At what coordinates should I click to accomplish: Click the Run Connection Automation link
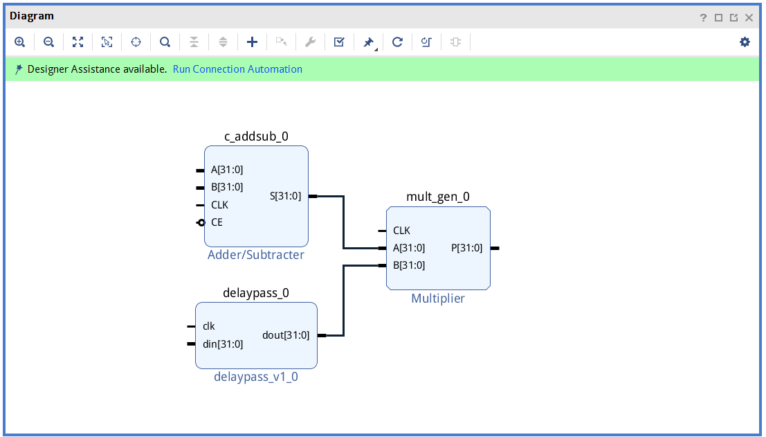point(237,69)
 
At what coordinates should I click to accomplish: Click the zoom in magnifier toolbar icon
point(19,42)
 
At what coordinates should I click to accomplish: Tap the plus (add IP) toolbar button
point(252,42)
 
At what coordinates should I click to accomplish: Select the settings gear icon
point(745,42)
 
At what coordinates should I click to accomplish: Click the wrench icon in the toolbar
point(310,42)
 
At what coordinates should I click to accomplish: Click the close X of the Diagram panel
point(749,17)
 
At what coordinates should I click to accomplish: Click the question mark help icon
point(703,17)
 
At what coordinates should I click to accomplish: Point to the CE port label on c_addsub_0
point(217,222)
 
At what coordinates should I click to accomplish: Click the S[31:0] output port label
point(285,197)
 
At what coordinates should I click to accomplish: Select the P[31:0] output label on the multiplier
point(466,249)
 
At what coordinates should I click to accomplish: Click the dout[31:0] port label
point(286,335)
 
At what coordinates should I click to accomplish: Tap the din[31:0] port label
point(223,344)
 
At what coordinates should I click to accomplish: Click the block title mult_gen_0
point(438,197)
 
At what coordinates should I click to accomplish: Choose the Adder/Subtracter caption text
point(256,255)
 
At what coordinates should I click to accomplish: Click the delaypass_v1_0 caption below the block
point(256,377)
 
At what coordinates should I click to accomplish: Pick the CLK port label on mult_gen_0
point(401,231)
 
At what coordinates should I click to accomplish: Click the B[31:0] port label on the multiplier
point(409,265)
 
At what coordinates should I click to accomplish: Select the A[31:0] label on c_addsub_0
point(227,170)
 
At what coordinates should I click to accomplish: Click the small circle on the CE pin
point(201,223)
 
